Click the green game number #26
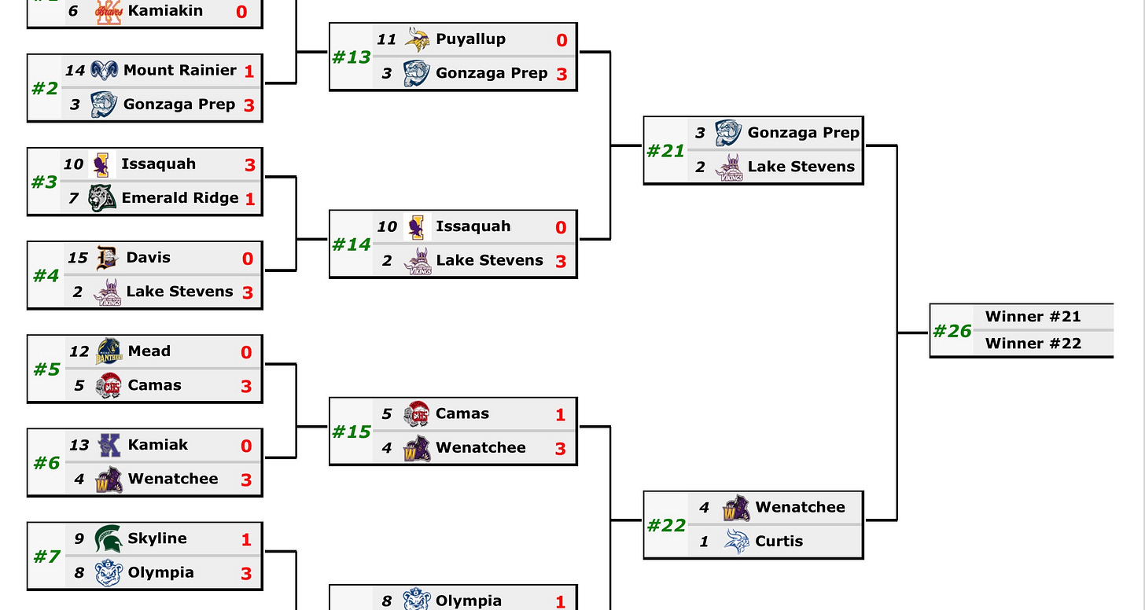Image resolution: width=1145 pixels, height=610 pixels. (x=952, y=331)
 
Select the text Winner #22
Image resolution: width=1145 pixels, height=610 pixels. (x=1033, y=344)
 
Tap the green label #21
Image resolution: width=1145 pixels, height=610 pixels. (x=665, y=150)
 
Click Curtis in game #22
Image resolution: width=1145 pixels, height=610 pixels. (x=779, y=541)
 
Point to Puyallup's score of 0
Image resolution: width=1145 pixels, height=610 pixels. (x=561, y=40)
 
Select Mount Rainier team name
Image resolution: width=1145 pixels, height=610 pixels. (x=179, y=70)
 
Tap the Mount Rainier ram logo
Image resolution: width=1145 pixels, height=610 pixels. (x=104, y=70)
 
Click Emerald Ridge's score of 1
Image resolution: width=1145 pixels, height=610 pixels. (x=249, y=199)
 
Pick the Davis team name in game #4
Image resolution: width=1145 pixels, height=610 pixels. (x=148, y=257)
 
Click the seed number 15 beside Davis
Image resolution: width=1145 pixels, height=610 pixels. (x=77, y=258)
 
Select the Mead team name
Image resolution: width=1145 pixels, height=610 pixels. (x=149, y=351)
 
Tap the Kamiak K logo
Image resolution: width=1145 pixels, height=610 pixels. (x=109, y=445)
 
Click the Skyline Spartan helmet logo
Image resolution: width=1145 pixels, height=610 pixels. (x=108, y=538)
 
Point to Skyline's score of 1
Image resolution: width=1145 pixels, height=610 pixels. (x=246, y=539)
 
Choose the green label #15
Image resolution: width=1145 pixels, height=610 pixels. (x=351, y=432)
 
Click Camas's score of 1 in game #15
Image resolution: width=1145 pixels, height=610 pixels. (x=560, y=414)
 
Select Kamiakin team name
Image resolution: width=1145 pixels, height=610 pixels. (x=164, y=11)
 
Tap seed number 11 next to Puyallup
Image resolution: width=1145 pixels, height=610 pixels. (x=386, y=39)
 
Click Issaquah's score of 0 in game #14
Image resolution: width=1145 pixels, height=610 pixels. (x=560, y=227)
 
